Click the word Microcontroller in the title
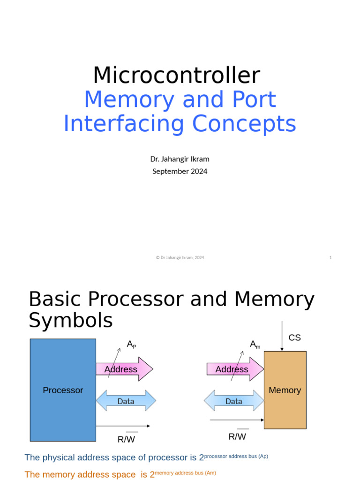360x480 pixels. [176, 75]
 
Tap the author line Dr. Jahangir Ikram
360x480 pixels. [180, 159]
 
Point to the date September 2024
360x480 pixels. [180, 171]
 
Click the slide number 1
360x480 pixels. [330, 257]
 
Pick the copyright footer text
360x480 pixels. [180, 257]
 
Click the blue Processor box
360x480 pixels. [63, 390]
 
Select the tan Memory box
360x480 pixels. [285, 390]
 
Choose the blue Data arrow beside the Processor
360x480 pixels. [126, 401]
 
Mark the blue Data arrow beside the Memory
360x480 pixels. [233, 401]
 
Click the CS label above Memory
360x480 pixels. [294, 337]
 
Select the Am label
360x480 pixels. [255, 345]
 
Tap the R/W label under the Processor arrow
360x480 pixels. [126, 439]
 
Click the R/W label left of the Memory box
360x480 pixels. [237, 436]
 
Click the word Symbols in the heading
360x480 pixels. [71, 321]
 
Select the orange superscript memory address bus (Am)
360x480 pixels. [186, 473]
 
